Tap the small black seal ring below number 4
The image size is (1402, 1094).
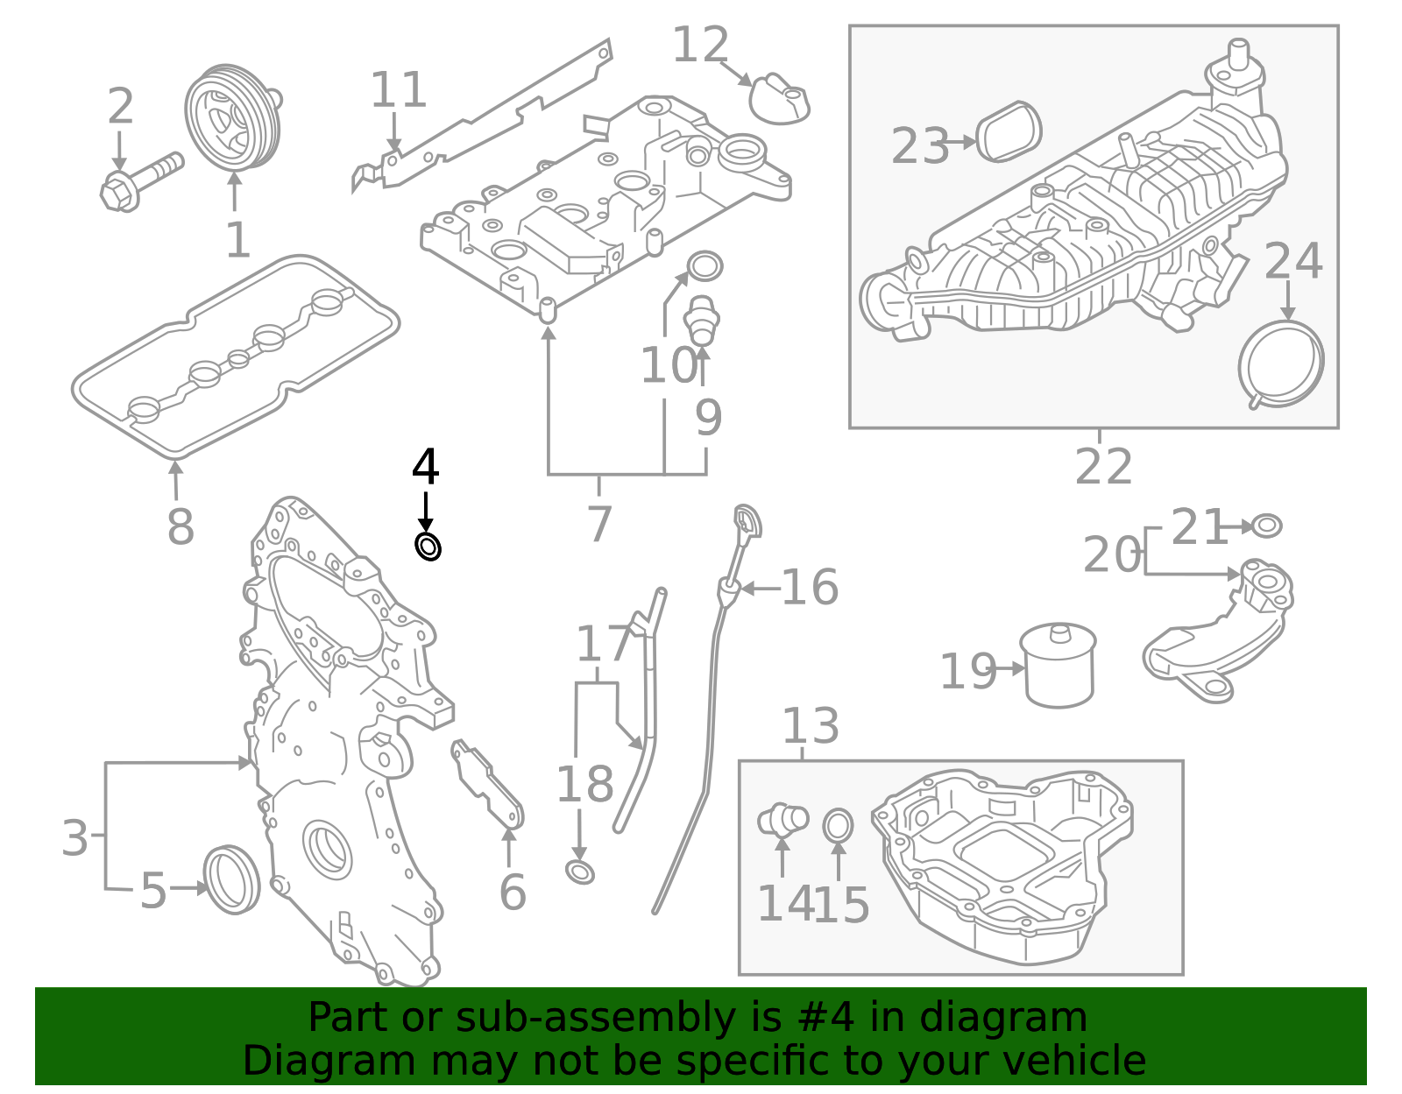pyautogui.click(x=428, y=547)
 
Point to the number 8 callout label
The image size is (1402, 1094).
pyautogui.click(x=181, y=527)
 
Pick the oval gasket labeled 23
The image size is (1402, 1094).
pyautogui.click(x=1009, y=132)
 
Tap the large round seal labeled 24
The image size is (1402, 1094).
pyautogui.click(x=1281, y=363)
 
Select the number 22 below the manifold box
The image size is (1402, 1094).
pyautogui.click(x=1103, y=467)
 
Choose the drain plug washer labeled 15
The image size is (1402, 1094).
pyautogui.click(x=838, y=825)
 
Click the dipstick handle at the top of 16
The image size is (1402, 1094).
pyautogui.click(x=748, y=522)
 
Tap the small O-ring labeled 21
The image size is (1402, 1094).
pyautogui.click(x=1266, y=526)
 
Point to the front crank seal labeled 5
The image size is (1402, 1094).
pyautogui.click(x=232, y=879)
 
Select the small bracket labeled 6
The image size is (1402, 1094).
pyautogui.click(x=488, y=784)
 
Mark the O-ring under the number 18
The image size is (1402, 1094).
pyautogui.click(x=580, y=872)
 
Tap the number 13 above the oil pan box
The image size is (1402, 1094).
pyautogui.click(x=810, y=726)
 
